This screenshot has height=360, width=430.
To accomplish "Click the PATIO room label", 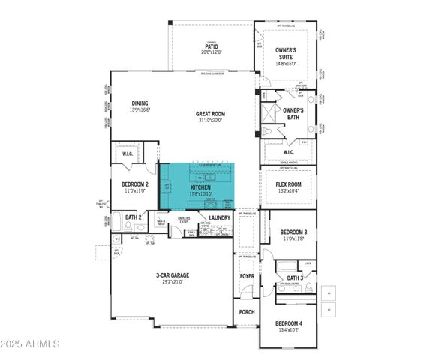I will point(211,45).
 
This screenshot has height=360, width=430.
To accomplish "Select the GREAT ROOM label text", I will point(210,114).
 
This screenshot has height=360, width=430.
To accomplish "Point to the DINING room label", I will point(140,103).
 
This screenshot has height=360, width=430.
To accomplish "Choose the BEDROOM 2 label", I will point(135,184).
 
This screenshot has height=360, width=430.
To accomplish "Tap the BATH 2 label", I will point(134,217).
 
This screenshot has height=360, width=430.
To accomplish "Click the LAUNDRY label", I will point(219,217).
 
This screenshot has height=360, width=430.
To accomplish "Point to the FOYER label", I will point(247,276).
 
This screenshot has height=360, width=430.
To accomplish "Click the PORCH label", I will point(247,311).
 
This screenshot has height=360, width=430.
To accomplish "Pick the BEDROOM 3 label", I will point(289,232).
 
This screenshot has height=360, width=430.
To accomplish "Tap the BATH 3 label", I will point(295,277).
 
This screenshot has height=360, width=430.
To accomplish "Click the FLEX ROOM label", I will point(289,184).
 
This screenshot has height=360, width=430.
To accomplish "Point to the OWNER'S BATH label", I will point(293,114).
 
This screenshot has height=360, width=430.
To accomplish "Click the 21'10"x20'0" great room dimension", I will point(210,121).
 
